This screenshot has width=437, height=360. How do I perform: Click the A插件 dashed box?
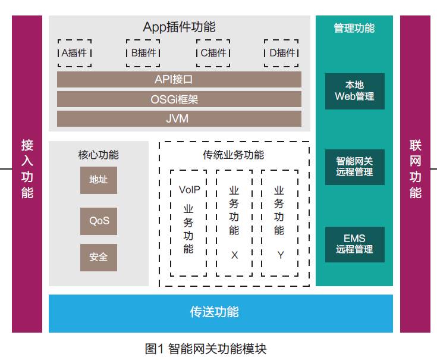coord(74,53)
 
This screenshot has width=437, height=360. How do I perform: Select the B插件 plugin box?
coord(143,53)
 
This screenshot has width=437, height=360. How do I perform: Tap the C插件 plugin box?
coord(213,53)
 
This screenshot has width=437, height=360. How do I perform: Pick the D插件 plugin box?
coord(282,53)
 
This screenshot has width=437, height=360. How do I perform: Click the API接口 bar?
coord(179,79)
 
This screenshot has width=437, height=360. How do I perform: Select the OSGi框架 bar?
coord(179,99)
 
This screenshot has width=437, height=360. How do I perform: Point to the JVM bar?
coord(179,118)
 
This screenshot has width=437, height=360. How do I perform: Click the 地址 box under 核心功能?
coord(99,180)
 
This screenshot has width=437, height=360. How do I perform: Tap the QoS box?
coord(99,221)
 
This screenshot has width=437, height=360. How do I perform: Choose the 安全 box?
coord(99,257)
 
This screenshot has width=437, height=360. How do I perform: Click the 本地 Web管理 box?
coord(354,91)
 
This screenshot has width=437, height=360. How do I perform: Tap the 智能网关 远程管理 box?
coord(354,167)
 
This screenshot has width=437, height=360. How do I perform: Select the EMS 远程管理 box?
coord(354,244)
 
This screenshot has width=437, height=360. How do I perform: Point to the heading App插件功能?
coord(179,27)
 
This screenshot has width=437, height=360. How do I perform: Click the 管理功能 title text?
coord(354,28)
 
